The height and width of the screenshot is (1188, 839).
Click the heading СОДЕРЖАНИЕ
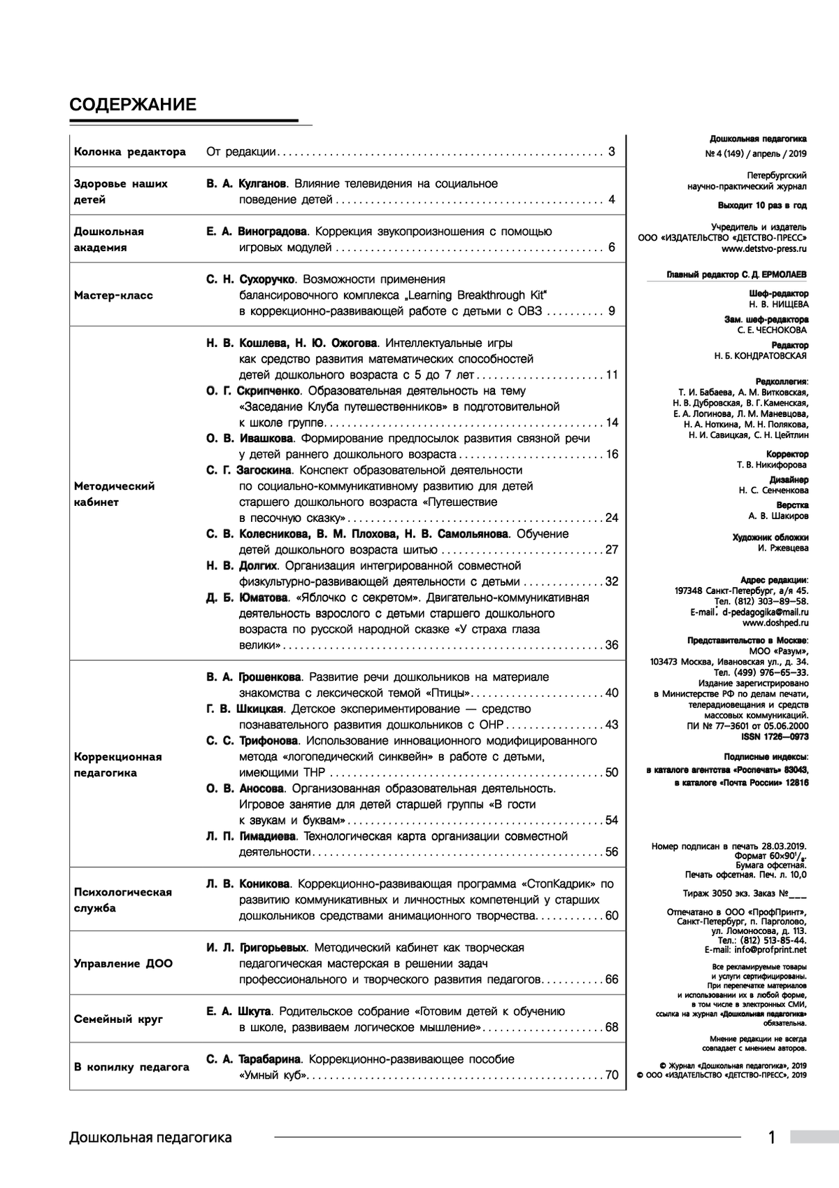click(x=133, y=105)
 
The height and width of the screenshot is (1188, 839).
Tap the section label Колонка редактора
click(x=130, y=152)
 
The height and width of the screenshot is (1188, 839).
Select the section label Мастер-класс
click(x=113, y=295)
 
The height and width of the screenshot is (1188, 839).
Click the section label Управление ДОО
click(x=123, y=963)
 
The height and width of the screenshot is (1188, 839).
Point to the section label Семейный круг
click(x=118, y=1019)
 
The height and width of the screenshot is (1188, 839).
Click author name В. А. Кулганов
click(x=246, y=184)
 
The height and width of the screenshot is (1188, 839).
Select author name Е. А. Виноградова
click(x=257, y=232)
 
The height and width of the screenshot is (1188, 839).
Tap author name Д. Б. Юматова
click(x=247, y=598)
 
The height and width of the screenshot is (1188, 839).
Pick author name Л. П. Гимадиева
click(x=252, y=837)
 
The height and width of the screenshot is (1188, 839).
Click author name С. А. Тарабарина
click(x=253, y=1059)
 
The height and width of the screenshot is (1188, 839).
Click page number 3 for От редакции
click(x=611, y=152)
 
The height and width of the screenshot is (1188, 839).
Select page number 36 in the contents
click(x=612, y=645)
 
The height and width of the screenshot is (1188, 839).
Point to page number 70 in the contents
click(x=612, y=1075)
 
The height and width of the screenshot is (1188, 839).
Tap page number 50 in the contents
click(x=612, y=773)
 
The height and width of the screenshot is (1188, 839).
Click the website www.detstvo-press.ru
click(x=764, y=248)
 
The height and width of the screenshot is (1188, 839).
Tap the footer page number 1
click(x=772, y=1138)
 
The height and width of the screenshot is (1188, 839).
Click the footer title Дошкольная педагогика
click(x=150, y=1138)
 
